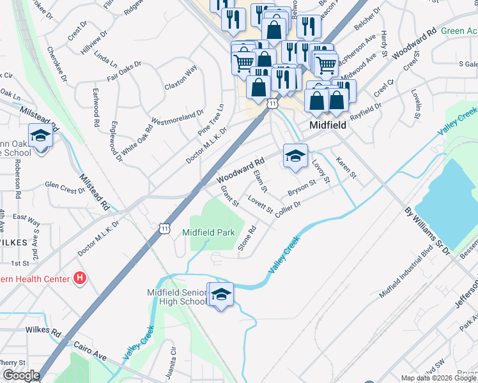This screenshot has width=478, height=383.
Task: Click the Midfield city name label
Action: point(328,126)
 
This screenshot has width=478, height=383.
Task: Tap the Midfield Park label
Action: point(209,232)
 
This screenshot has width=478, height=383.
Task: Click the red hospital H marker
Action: point(80,278)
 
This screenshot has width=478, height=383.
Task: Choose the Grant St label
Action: point(229,197)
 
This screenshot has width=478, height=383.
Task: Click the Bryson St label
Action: point(302,188)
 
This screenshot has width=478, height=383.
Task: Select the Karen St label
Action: point(346,168)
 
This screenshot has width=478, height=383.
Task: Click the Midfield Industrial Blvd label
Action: point(406,274)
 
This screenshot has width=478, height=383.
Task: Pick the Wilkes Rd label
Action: point(43,331)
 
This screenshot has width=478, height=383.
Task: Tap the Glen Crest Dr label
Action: point(65,186)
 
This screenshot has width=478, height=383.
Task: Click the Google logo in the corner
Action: point(21,376)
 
